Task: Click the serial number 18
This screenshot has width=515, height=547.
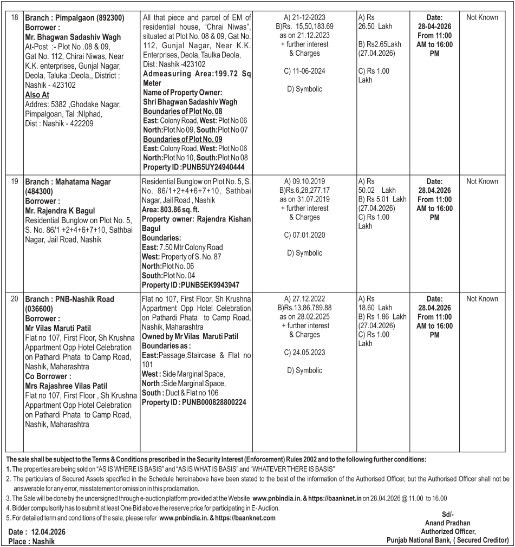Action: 14,18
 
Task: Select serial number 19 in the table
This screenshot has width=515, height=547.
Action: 14,182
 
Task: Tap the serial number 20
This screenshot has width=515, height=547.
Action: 14,299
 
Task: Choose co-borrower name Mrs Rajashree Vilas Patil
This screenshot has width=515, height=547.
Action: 66,386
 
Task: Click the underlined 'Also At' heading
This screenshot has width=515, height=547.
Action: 37,94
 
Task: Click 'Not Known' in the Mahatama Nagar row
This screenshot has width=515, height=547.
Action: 481,182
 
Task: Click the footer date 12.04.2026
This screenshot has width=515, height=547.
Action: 49,532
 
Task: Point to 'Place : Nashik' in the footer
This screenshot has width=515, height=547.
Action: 32,541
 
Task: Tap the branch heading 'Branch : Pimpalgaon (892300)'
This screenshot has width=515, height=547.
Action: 75,18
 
